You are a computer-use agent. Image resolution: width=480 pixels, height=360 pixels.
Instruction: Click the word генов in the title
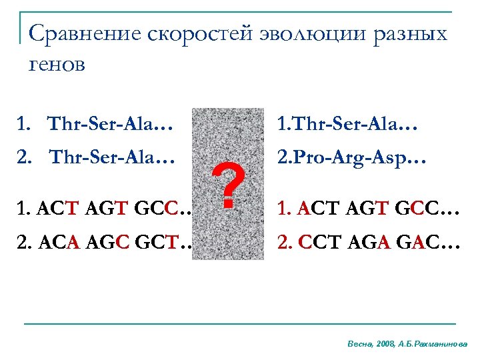tap(57, 65)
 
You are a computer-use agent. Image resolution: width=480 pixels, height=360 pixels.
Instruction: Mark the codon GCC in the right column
tap(404, 212)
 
